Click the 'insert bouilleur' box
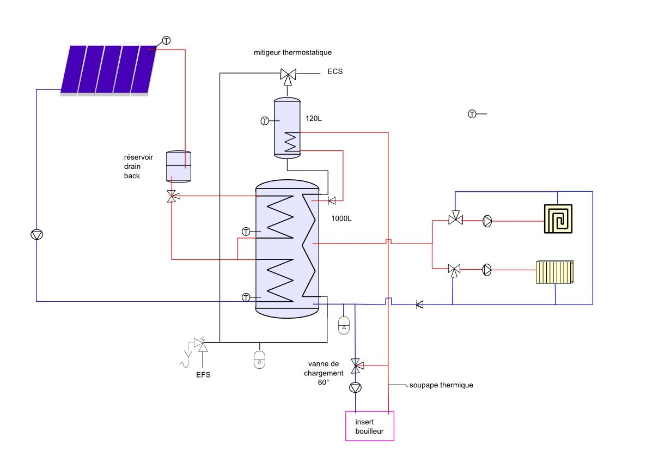pyautogui.click(x=370, y=425)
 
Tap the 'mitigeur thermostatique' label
pyautogui.click(x=293, y=52)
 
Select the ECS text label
pyautogui.click(x=335, y=71)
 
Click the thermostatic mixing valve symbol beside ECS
pyautogui.click(x=288, y=76)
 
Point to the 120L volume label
pyautogui.click(x=314, y=118)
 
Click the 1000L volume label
pyautogui.click(x=341, y=218)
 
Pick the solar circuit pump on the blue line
pyautogui.click(x=36, y=234)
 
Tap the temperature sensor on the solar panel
pyautogui.click(x=166, y=40)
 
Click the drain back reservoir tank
pyautogui.click(x=179, y=167)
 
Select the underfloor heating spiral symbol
pyautogui.click(x=558, y=218)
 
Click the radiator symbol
pyautogui.click(x=554, y=272)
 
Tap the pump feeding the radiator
pyautogui.click(x=487, y=270)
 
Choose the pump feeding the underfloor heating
pyautogui.click(x=487, y=221)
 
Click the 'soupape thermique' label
pyautogui.click(x=441, y=385)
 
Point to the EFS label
pyautogui.click(x=203, y=374)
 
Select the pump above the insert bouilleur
pyautogui.click(x=355, y=388)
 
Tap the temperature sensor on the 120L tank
pyautogui.click(x=265, y=121)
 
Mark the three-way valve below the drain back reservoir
pyautogui.click(x=173, y=196)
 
